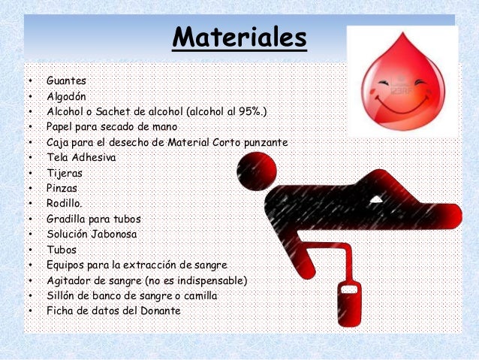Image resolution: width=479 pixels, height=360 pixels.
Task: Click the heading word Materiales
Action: pyautogui.click(x=239, y=37)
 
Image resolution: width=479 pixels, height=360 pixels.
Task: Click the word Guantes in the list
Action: pyautogui.click(x=66, y=80)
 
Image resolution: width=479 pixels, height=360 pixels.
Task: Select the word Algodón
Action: pyautogui.click(x=67, y=96)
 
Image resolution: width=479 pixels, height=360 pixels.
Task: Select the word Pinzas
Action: pyautogui.click(x=62, y=188)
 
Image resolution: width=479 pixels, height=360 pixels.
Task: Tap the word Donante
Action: pyautogui.click(x=157, y=311)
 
